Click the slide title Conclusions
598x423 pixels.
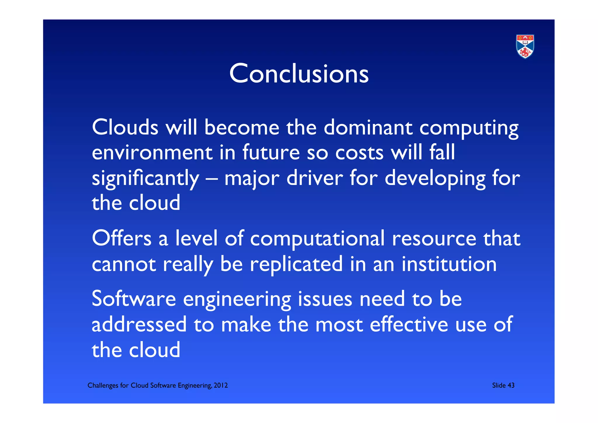299,74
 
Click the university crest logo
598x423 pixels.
525,46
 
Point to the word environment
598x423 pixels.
152,153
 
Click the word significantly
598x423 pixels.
145,178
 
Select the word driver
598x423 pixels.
314,178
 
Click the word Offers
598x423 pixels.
122,238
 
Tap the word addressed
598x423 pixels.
139,324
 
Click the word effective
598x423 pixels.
409,324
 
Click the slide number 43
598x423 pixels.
511,386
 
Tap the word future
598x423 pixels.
271,153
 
